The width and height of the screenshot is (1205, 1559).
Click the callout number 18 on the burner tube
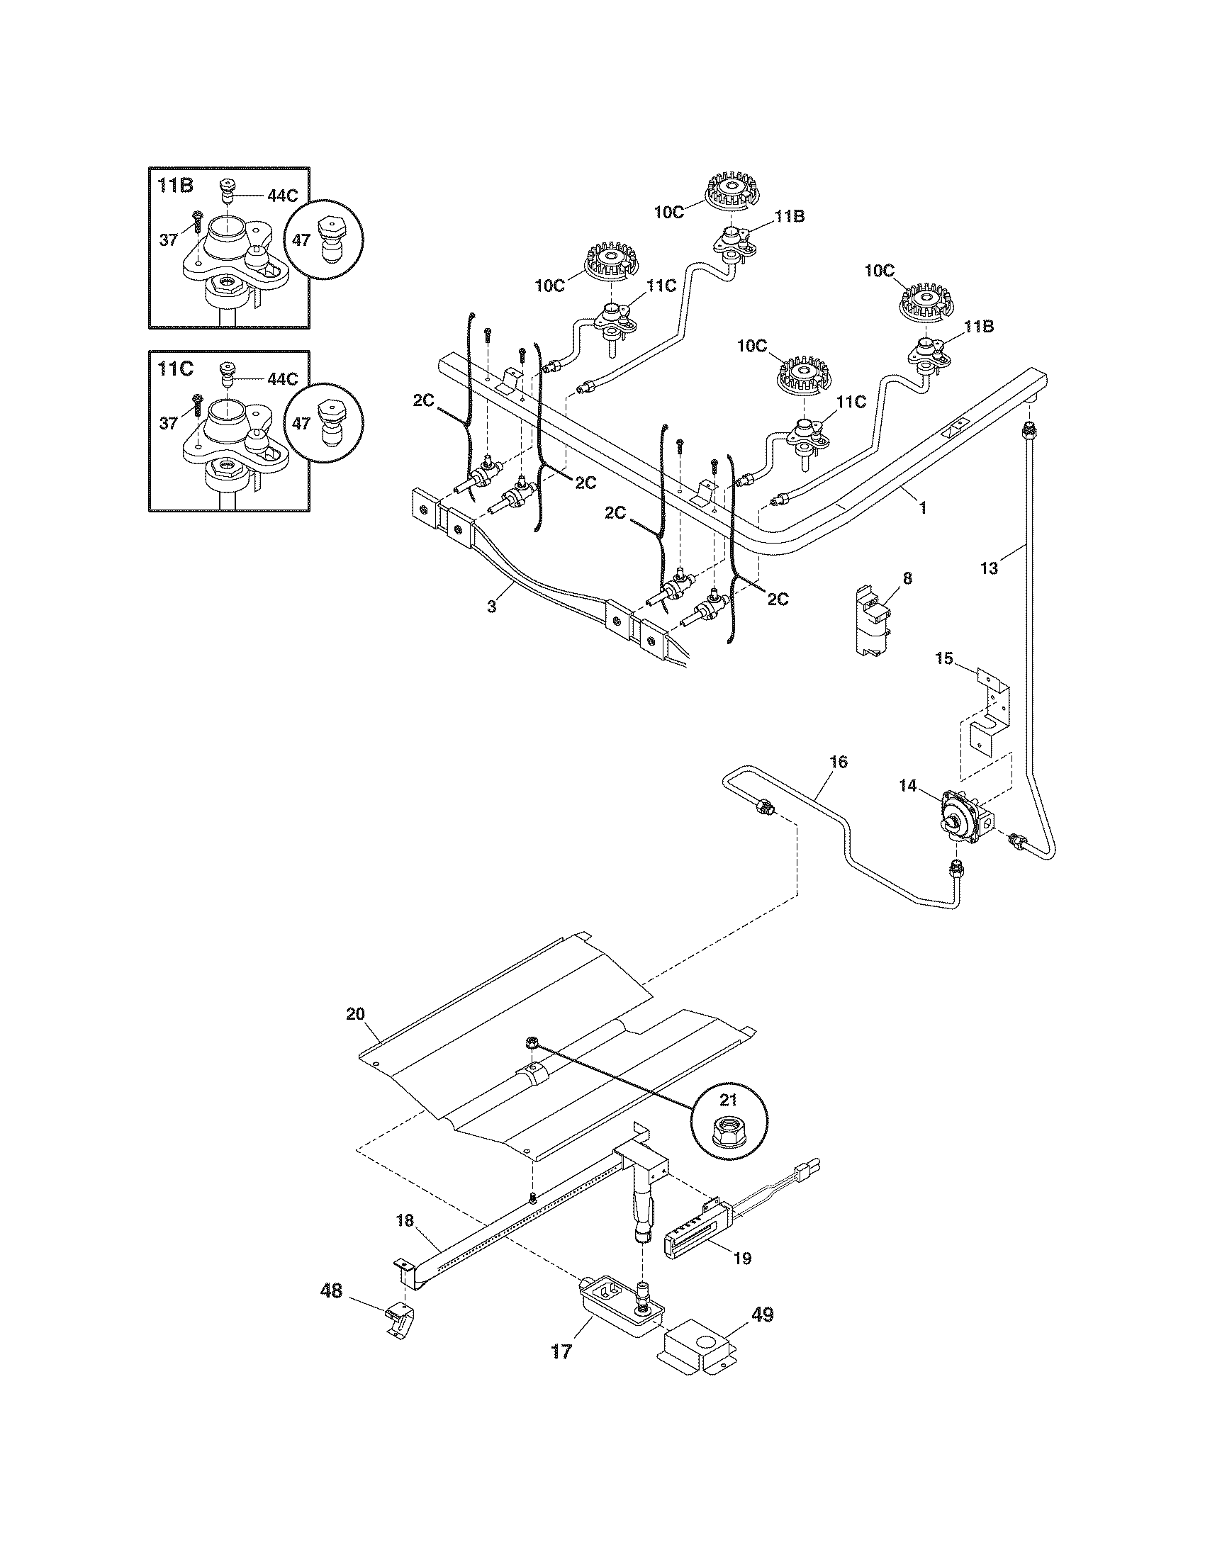click(x=405, y=1221)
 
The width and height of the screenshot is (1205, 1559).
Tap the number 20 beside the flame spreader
click(x=355, y=1013)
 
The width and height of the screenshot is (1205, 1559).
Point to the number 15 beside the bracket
click(x=943, y=658)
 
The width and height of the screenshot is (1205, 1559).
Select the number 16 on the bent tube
click(x=839, y=762)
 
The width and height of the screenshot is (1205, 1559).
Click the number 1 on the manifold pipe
click(x=922, y=507)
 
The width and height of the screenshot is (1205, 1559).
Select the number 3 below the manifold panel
click(x=491, y=607)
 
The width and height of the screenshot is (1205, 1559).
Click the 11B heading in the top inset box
click(x=176, y=186)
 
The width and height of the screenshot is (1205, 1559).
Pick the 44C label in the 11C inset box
click(x=282, y=379)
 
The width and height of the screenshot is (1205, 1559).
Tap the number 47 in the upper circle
click(x=301, y=240)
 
